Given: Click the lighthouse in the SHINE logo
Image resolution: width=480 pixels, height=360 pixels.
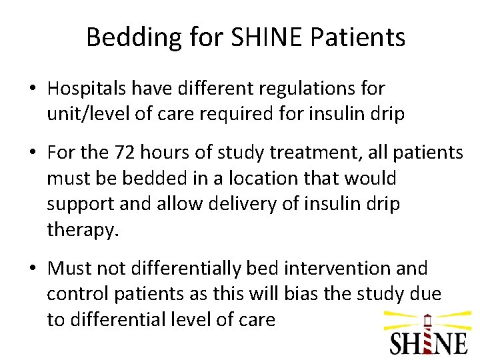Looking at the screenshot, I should coord(427,333).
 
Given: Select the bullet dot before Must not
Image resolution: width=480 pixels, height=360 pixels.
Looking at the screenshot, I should coord(33,269).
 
